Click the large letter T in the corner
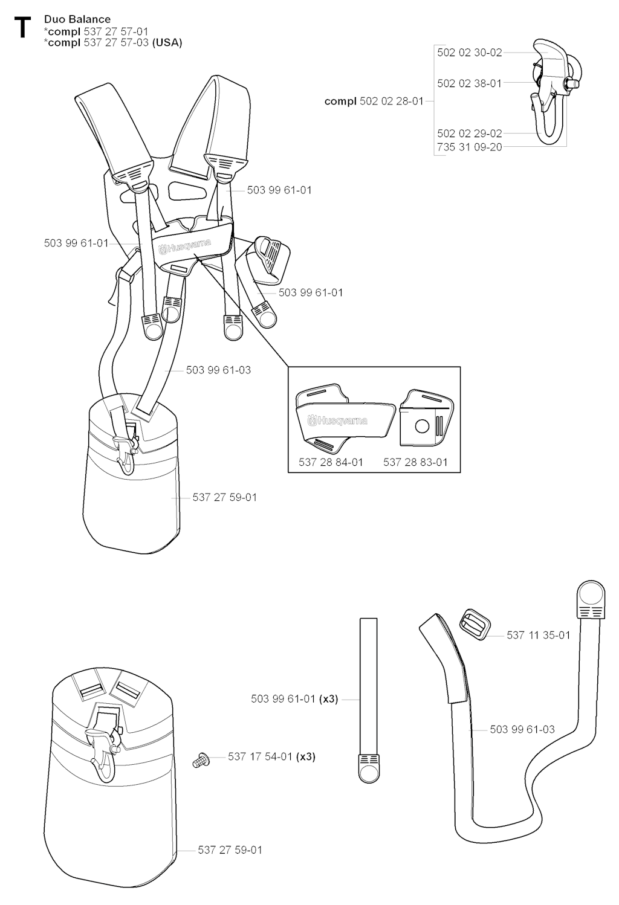pyautogui.click(x=22, y=27)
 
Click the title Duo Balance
pyautogui.click(x=77, y=19)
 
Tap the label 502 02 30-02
pyautogui.click(x=470, y=53)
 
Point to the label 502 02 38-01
pyautogui.click(x=470, y=83)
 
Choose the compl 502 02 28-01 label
pyautogui.click(x=374, y=101)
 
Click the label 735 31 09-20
pyautogui.click(x=470, y=147)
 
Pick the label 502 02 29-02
pyautogui.click(x=470, y=134)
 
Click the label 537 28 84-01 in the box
pyautogui.click(x=331, y=462)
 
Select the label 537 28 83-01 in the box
pyautogui.click(x=415, y=462)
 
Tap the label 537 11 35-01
pyautogui.click(x=539, y=635)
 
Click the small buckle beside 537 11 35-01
pyautogui.click(x=475, y=625)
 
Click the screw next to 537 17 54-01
pyautogui.click(x=201, y=760)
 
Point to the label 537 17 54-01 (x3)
pyautogui.click(x=271, y=757)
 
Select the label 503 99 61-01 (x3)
pyautogui.click(x=294, y=699)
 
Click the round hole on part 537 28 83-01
pyautogui.click(x=422, y=427)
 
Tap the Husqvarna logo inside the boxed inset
pyautogui.click(x=337, y=420)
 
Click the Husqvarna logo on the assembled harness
pyautogui.click(x=185, y=246)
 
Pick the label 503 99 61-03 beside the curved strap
pyautogui.click(x=522, y=729)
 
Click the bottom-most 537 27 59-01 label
pyautogui.click(x=230, y=850)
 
